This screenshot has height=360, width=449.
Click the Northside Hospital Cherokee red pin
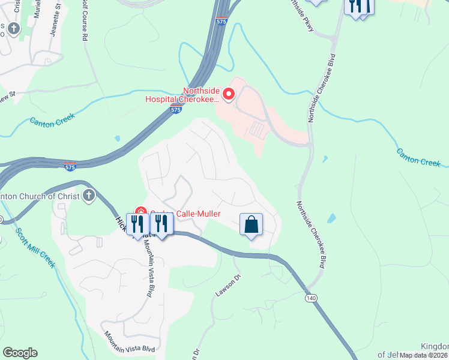tap(228, 94)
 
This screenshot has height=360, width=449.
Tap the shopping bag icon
tap(252, 224)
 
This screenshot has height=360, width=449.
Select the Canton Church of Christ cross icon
tap(89, 196)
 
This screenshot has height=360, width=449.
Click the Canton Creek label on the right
tap(418, 157)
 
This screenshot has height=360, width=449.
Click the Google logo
tap(20, 353)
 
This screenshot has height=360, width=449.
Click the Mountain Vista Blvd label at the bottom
tap(129, 341)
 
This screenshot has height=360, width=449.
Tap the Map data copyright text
tap(424, 355)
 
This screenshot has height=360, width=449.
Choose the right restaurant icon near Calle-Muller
tap(161, 224)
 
